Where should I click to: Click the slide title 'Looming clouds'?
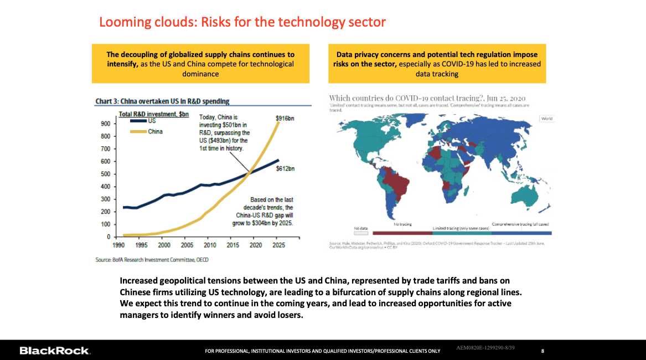click(242, 22)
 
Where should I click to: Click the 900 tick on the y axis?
click(105, 124)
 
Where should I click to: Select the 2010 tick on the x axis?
click(210, 244)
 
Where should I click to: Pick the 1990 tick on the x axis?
click(117, 244)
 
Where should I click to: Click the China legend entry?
click(155, 131)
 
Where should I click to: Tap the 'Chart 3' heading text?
click(162, 101)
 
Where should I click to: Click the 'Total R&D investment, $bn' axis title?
click(154, 114)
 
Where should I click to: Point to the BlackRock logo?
click(54, 351)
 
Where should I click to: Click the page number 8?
click(542, 351)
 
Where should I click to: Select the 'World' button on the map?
click(546, 119)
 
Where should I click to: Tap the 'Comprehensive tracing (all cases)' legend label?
click(523, 224)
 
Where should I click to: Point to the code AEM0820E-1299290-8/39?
click(487, 348)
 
